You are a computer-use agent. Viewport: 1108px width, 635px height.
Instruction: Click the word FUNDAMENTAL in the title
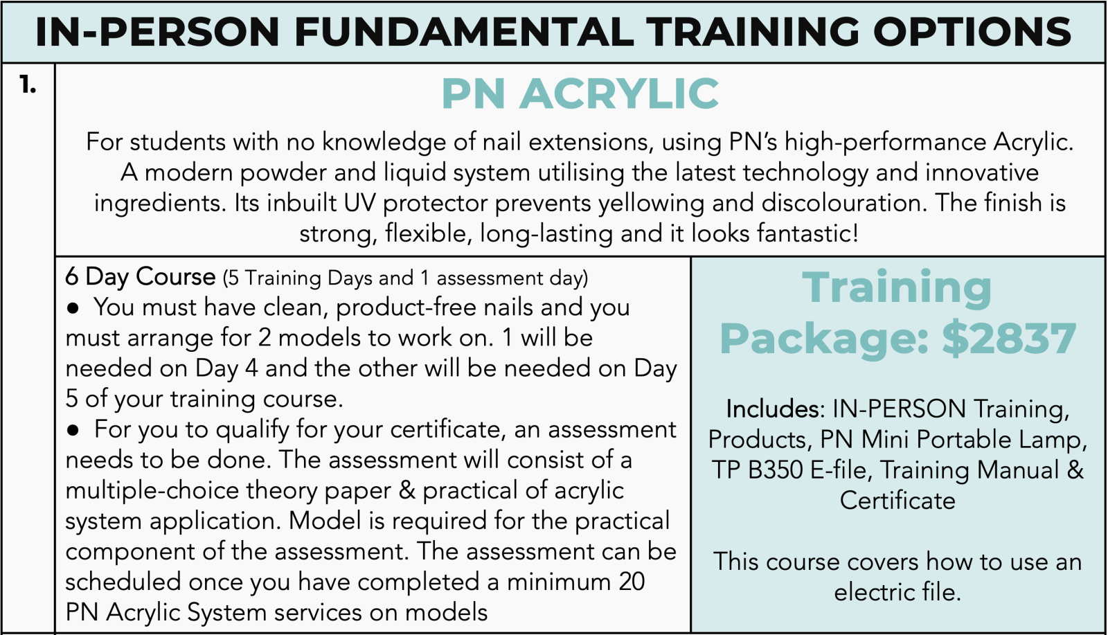(x=463, y=32)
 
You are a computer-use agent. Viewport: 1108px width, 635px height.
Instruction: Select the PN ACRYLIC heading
(x=580, y=93)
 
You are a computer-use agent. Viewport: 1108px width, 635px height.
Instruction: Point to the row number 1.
(x=28, y=85)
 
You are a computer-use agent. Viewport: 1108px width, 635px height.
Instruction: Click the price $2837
(x=1009, y=339)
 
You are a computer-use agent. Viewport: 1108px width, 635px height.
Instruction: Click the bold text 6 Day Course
(x=141, y=277)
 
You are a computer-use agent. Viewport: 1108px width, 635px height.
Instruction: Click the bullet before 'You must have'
(x=73, y=309)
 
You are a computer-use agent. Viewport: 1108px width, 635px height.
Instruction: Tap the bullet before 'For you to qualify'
(x=73, y=431)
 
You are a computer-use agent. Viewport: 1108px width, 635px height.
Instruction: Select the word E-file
(x=841, y=469)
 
